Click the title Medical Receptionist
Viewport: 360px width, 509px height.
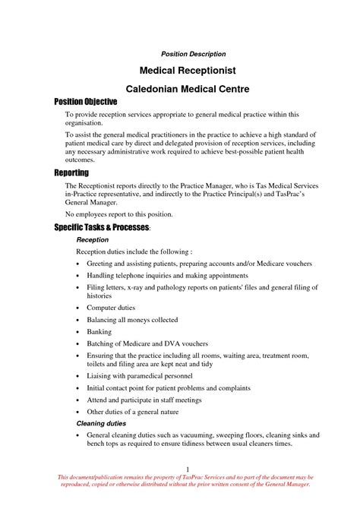pyautogui.click(x=193, y=70)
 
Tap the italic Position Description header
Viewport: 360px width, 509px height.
pyautogui.click(x=193, y=54)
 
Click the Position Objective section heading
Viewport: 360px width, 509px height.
pyautogui.click(x=85, y=101)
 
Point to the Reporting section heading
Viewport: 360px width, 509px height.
pyautogui.click(x=71, y=173)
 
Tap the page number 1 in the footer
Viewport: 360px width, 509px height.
pyautogui.click(x=186, y=469)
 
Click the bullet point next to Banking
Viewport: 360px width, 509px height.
pyautogui.click(x=80, y=332)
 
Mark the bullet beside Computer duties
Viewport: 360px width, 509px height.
pyautogui.click(x=80, y=308)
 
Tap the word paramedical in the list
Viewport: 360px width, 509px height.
pyautogui.click(x=146, y=375)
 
